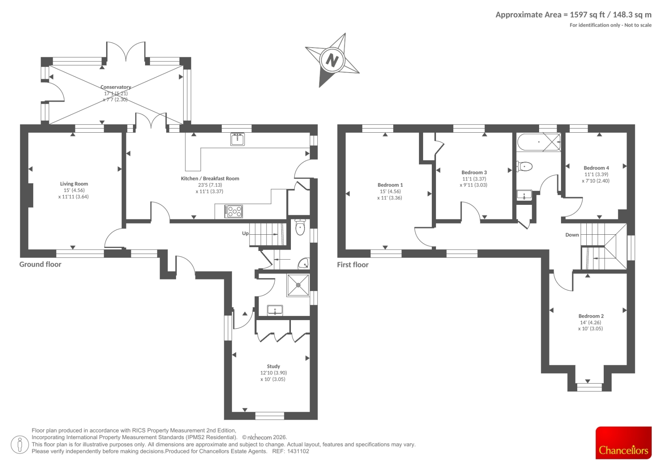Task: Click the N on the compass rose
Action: [x=332, y=61]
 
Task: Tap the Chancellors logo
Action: [x=623, y=442]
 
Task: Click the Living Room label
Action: [x=74, y=184]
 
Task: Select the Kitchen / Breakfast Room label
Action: [x=210, y=178]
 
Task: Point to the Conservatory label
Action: [x=116, y=87]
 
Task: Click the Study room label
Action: [x=273, y=366]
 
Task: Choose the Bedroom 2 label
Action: [x=591, y=316]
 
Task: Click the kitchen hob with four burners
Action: [x=234, y=211]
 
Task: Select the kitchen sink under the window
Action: [x=237, y=139]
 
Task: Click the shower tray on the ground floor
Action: [x=298, y=285]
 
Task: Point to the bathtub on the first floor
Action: [x=539, y=142]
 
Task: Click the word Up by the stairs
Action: [x=245, y=233]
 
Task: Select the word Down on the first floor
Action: [x=572, y=235]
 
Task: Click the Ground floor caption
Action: [x=40, y=264]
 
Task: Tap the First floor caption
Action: [x=353, y=265]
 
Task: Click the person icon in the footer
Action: [x=20, y=445]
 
